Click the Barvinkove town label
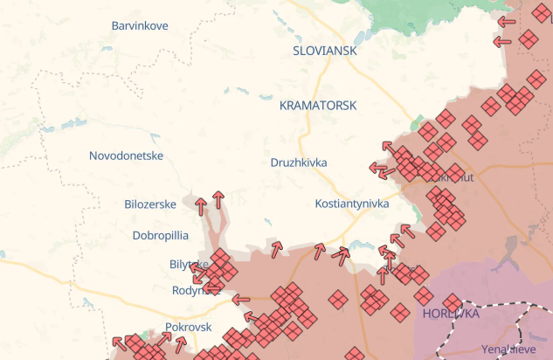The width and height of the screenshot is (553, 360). pos(140,25)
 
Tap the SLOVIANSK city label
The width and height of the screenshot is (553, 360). pos(325,51)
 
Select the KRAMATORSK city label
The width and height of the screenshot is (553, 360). pos(318,105)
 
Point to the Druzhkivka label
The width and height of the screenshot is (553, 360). pos(299,163)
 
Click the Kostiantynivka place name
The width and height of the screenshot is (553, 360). pos(351,204)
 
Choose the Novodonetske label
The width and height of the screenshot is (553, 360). pos(127,156)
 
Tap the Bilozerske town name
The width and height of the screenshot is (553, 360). pos(150,204)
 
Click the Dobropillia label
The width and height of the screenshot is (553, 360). pos(160,235)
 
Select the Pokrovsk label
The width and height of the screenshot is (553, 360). pos(189,327)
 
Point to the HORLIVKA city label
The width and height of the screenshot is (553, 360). pos(451,312)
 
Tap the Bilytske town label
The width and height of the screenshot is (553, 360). pos(188,264)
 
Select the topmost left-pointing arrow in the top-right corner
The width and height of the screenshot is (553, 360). pos(507,21)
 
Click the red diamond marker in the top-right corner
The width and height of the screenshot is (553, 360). pos(528,38)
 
